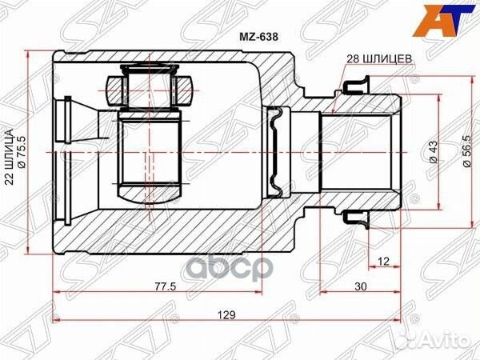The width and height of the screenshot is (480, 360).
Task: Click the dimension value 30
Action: [362, 287]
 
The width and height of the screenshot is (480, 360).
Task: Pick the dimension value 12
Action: [385, 261]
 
